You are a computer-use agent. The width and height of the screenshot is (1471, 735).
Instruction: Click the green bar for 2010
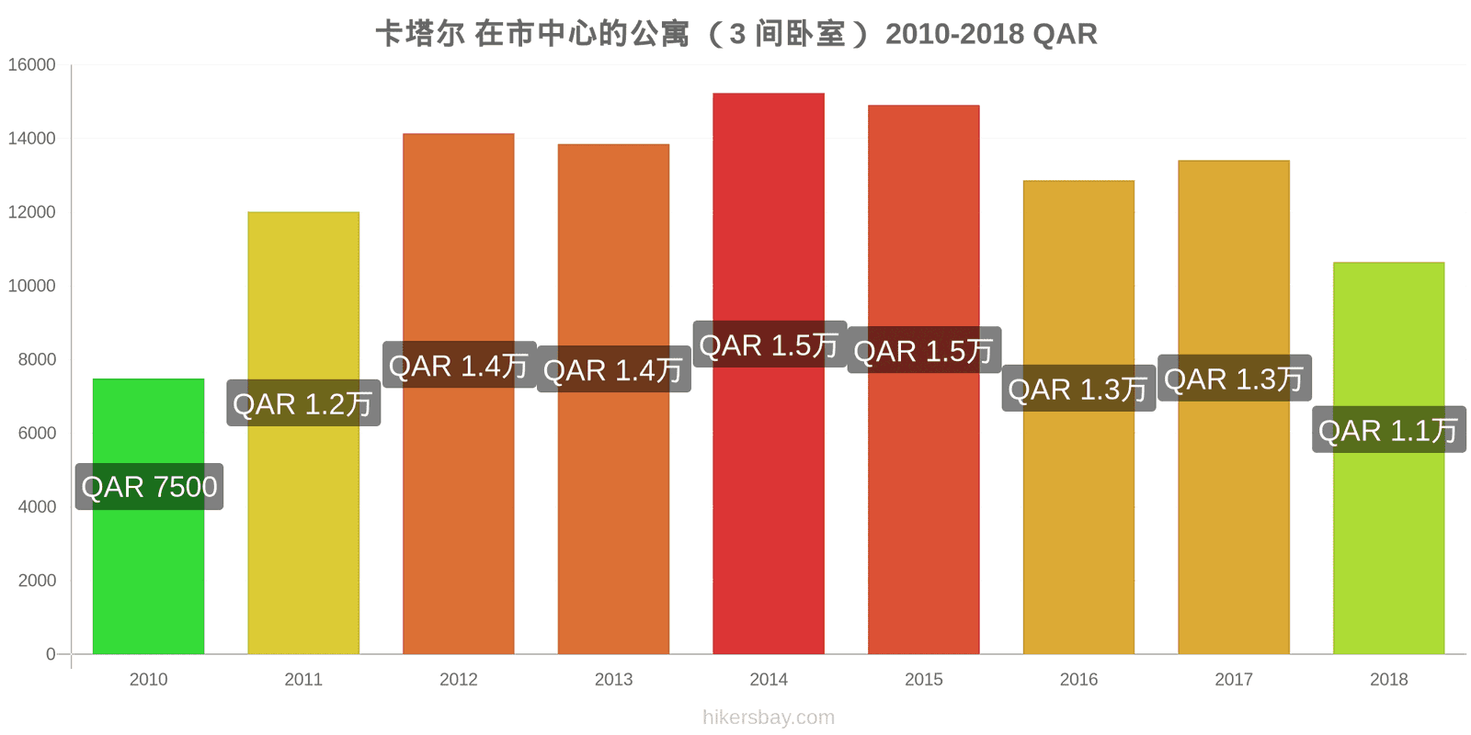pyautogui.click(x=148, y=515)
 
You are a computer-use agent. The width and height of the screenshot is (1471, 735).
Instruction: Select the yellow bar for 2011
pyautogui.click(x=303, y=433)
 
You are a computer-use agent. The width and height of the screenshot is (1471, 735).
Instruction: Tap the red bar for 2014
pyautogui.click(x=769, y=373)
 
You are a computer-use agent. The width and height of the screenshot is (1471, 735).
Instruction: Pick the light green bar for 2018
pyautogui.click(x=1389, y=458)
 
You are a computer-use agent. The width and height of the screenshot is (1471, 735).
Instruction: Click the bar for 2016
pyautogui.click(x=1079, y=417)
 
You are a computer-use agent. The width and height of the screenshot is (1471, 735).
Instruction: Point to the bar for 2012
pyautogui.click(x=459, y=394)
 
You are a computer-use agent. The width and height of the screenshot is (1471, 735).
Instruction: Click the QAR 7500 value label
pyautogui.click(x=149, y=487)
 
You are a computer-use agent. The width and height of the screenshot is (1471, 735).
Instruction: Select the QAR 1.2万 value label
pyautogui.click(x=303, y=403)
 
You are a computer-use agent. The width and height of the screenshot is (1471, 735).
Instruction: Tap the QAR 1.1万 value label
pyautogui.click(x=1389, y=430)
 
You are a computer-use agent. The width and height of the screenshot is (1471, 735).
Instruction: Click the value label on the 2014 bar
pyautogui.click(x=769, y=345)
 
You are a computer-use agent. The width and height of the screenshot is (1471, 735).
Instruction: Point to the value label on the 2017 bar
pyautogui.click(x=1235, y=378)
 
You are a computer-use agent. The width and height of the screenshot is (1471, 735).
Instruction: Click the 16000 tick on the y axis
pyautogui.click(x=31, y=65)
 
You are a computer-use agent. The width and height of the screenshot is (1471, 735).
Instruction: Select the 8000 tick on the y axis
pyautogui.click(x=37, y=359)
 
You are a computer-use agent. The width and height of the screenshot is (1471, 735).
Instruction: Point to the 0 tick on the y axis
pyautogui.click(x=51, y=654)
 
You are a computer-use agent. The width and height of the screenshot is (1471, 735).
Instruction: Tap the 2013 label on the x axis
pyautogui.click(x=613, y=679)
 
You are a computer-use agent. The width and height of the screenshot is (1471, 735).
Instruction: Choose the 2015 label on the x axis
pyautogui.click(x=923, y=679)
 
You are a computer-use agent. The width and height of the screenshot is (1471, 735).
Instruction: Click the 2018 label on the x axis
pyautogui.click(x=1389, y=679)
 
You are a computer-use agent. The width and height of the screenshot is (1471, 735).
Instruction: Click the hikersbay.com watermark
pyautogui.click(x=769, y=717)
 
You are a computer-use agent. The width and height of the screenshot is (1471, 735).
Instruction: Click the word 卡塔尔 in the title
pyautogui.click(x=420, y=34)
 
